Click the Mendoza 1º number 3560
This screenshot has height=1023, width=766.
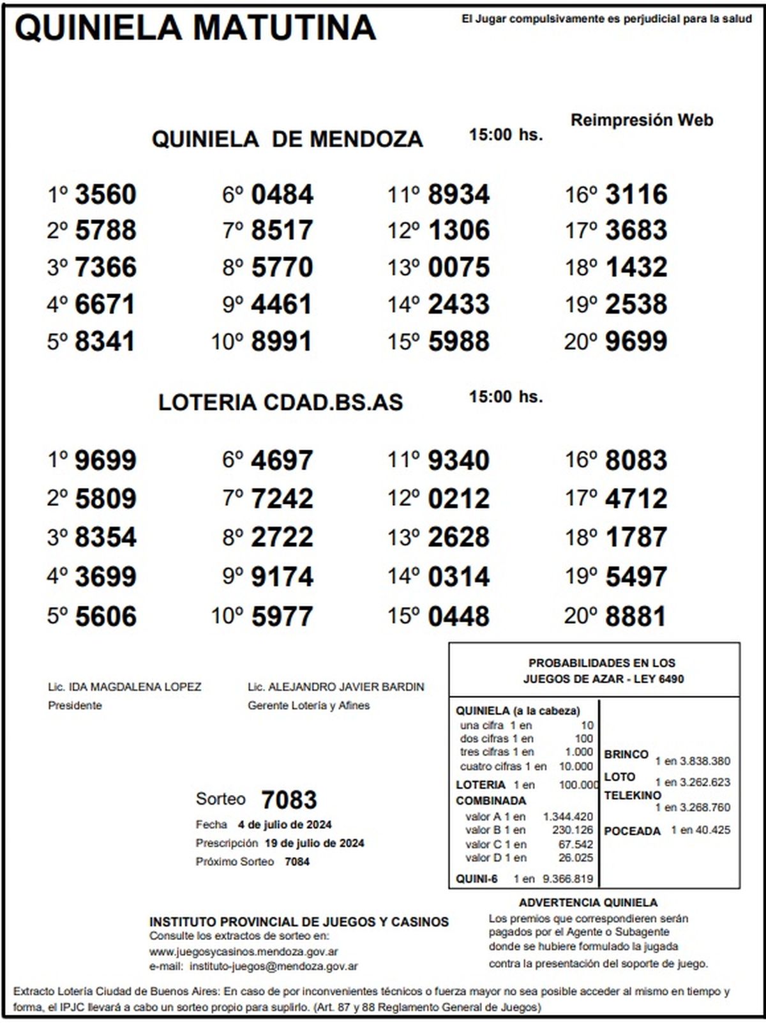click(x=105, y=195)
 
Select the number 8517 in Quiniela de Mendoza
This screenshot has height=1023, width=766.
click(x=282, y=231)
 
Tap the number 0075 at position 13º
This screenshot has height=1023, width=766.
click(x=458, y=268)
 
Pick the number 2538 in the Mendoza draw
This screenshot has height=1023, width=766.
click(x=636, y=305)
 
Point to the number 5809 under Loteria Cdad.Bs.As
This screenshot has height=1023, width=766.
click(x=105, y=499)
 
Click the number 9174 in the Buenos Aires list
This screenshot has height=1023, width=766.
click(x=282, y=577)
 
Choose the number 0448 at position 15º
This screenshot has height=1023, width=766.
click(x=458, y=616)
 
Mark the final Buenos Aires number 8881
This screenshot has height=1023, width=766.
click(x=636, y=616)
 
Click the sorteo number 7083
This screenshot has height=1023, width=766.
click(x=289, y=799)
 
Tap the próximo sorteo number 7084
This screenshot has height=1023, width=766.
click(x=297, y=861)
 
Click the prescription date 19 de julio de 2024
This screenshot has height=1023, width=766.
click(x=314, y=843)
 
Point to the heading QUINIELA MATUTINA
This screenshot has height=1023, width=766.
click(x=195, y=28)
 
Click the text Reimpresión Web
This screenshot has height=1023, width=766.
click(x=642, y=120)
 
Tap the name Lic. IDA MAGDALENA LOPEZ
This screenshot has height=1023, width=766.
click(x=124, y=687)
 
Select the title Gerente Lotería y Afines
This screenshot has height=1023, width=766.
click(x=308, y=706)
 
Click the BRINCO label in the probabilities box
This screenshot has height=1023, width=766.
click(x=626, y=754)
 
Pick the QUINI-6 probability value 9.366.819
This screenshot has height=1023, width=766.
click(x=567, y=879)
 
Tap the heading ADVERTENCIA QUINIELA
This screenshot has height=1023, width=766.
click(x=588, y=902)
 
